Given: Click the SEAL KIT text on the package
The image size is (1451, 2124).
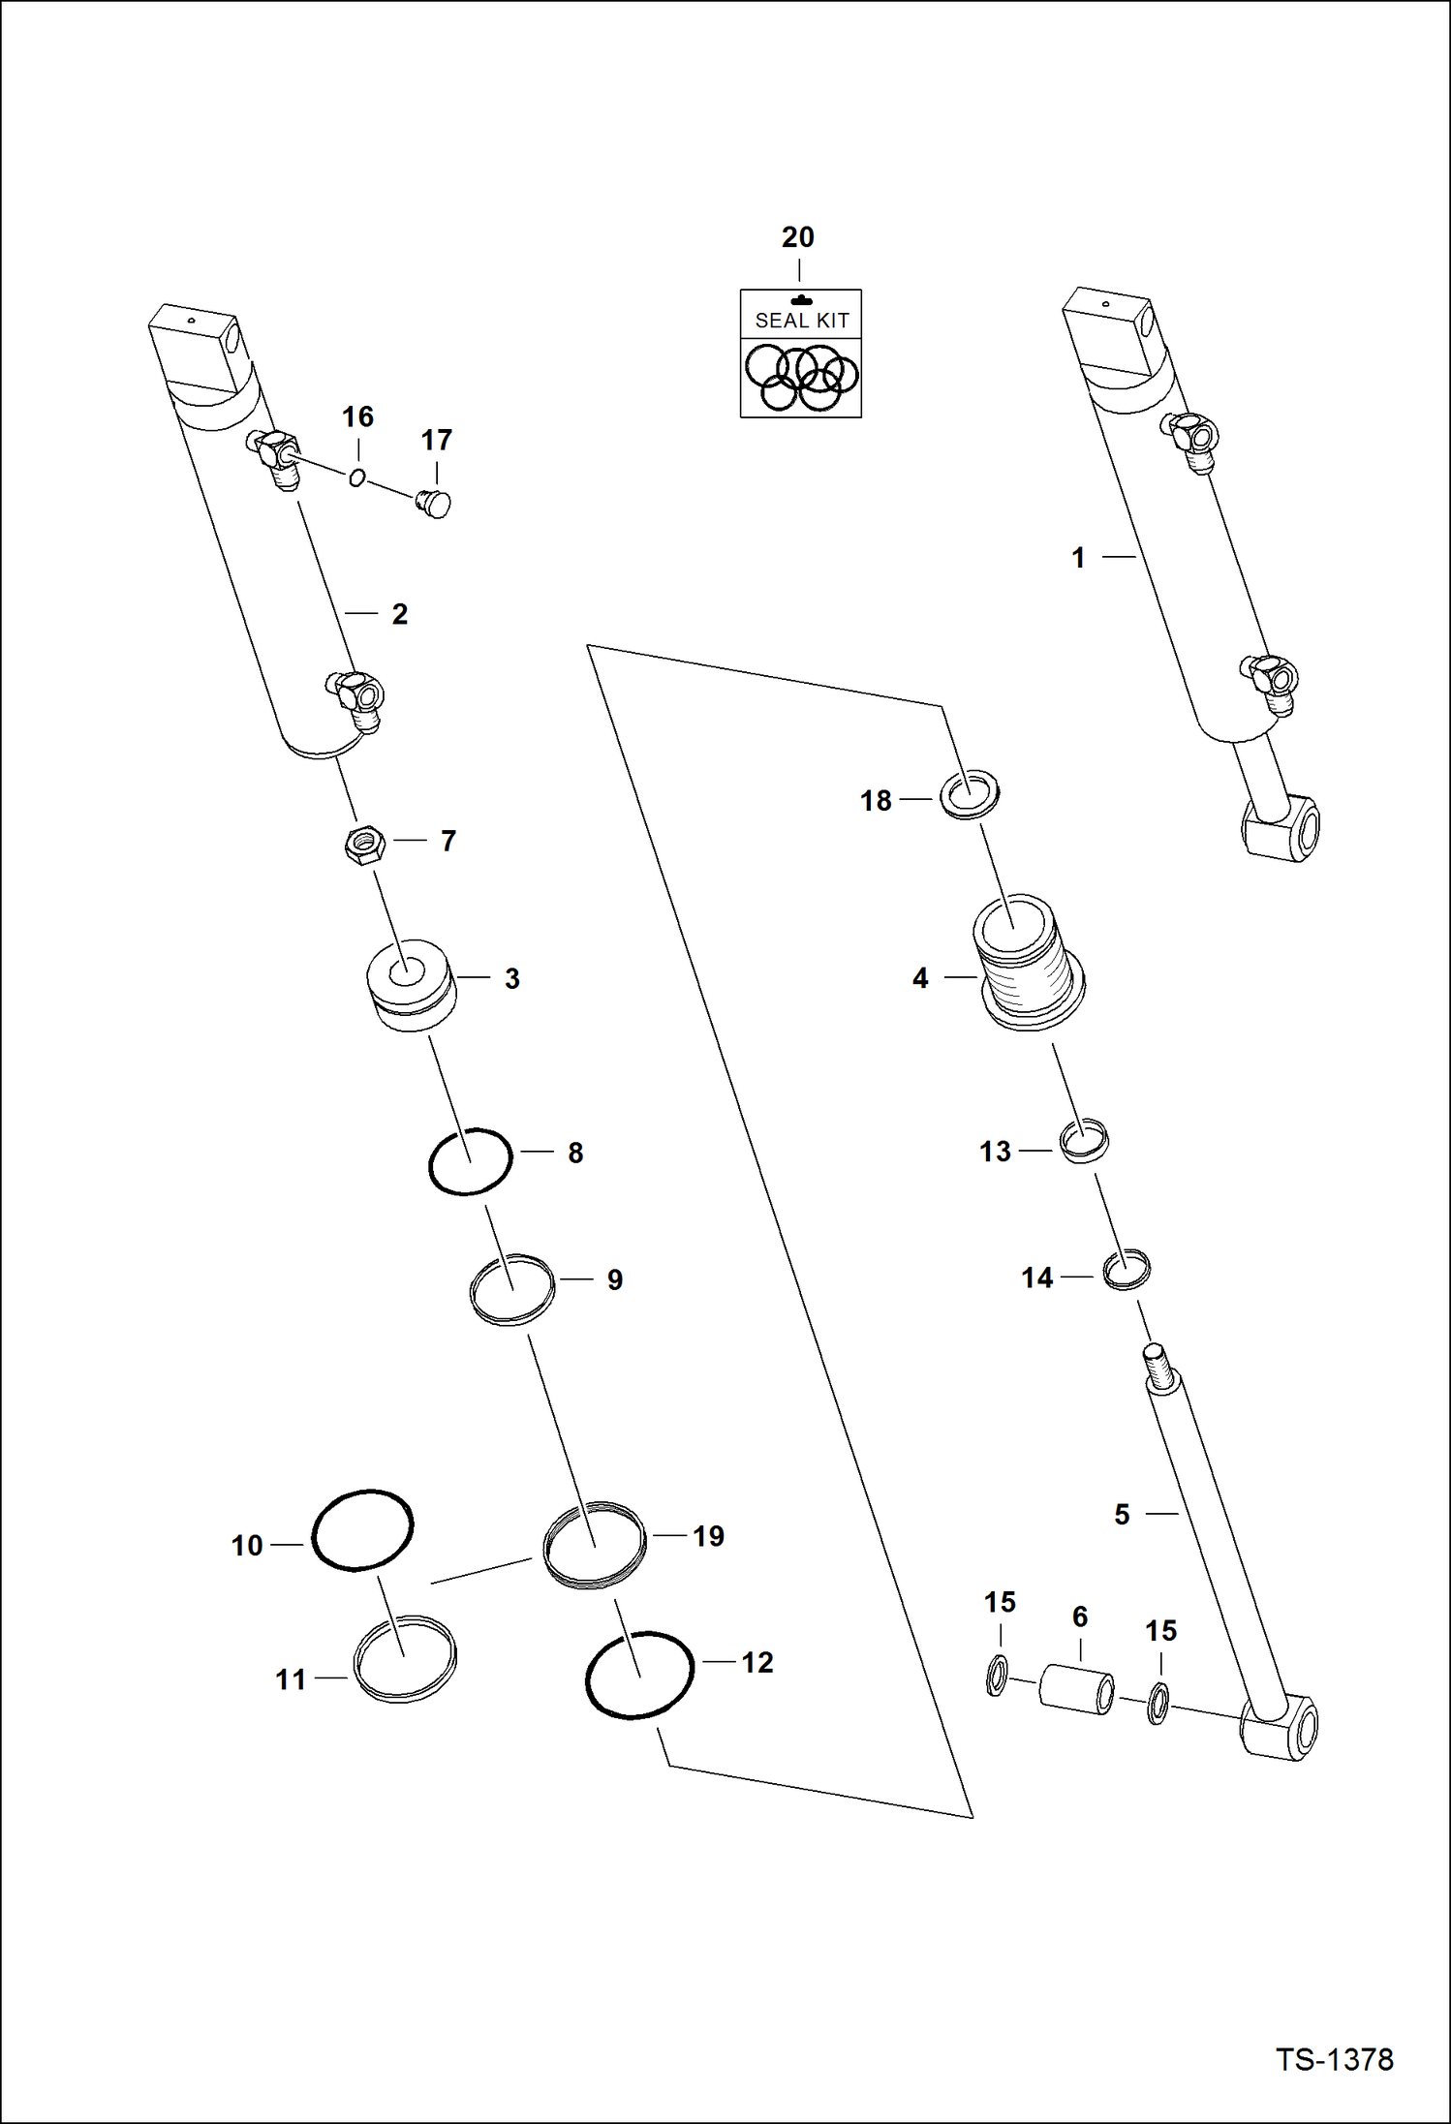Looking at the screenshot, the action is [x=801, y=321].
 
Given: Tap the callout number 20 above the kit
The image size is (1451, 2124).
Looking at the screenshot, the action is [x=798, y=237].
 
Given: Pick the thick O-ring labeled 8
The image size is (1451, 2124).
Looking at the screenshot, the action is [x=471, y=1160].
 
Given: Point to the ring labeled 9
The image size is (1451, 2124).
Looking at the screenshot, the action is [x=512, y=1289].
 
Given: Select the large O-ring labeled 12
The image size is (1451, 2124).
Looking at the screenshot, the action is [x=639, y=1675].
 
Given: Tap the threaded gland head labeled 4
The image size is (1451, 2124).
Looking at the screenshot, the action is [x=1029, y=969].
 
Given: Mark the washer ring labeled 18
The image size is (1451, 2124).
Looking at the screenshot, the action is [x=970, y=794].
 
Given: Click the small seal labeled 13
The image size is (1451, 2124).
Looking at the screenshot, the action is [x=1084, y=1141].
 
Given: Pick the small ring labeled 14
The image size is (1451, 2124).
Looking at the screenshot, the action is [x=1127, y=1270].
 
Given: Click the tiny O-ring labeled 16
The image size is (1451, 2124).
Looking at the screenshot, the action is [x=357, y=477].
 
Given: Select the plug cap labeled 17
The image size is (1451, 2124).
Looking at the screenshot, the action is [x=434, y=504].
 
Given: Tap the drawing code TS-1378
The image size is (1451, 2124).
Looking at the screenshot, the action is [x=1334, y=2059].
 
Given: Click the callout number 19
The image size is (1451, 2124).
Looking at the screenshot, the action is [x=708, y=1536].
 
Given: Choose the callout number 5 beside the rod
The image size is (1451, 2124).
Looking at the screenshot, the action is [x=1122, y=1515].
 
